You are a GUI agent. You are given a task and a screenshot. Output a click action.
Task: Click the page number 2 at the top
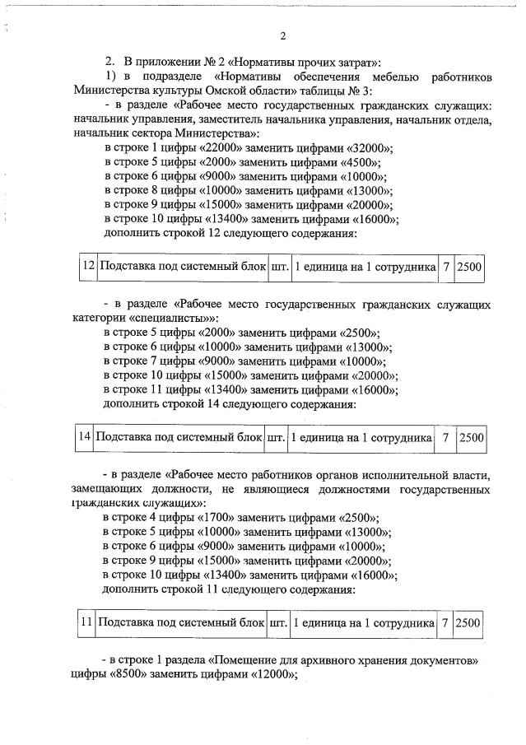(x=282, y=37)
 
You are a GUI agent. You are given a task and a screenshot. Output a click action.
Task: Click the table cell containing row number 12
(x=88, y=267)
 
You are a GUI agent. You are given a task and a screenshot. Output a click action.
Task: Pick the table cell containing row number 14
(x=84, y=439)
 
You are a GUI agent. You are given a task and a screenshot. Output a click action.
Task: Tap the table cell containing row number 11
(x=86, y=622)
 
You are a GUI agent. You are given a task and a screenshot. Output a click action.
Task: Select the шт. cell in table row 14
(x=275, y=439)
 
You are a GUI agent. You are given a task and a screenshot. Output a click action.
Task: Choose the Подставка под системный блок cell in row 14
(x=179, y=439)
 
